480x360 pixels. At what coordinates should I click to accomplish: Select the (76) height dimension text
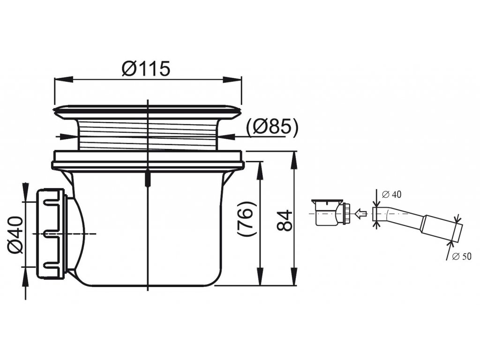247,218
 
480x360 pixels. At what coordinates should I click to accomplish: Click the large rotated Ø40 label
16,235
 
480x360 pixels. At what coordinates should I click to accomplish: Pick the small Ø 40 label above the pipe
392,195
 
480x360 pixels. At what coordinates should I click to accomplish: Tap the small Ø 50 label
462,256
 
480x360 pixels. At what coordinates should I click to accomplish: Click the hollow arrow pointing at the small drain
360,213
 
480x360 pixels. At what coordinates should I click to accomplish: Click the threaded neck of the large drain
148,135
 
